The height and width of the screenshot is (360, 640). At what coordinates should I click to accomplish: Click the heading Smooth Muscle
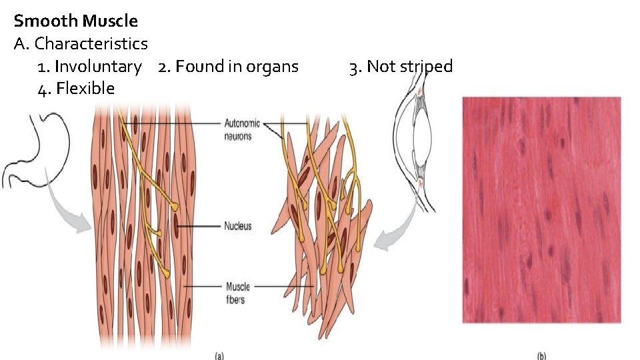tap(75, 21)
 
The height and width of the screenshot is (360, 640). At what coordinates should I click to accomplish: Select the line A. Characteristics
tap(81, 44)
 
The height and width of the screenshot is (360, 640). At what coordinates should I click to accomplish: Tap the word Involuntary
tap(98, 67)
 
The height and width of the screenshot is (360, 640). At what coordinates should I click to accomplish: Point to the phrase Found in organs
tap(237, 67)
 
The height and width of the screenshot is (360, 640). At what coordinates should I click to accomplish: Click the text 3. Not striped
tap(401, 67)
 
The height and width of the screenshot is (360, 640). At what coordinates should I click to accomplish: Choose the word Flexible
tap(85, 89)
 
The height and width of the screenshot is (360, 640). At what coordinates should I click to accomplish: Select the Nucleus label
tap(238, 226)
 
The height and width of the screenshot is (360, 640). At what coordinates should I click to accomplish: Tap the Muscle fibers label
tap(237, 293)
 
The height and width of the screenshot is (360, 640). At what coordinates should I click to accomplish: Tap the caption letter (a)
tap(219, 355)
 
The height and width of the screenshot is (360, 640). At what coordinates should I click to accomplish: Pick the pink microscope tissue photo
tap(541, 210)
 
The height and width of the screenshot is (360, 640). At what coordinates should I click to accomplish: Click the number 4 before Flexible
tap(43, 89)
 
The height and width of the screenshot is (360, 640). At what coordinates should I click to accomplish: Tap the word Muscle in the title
tap(111, 21)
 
